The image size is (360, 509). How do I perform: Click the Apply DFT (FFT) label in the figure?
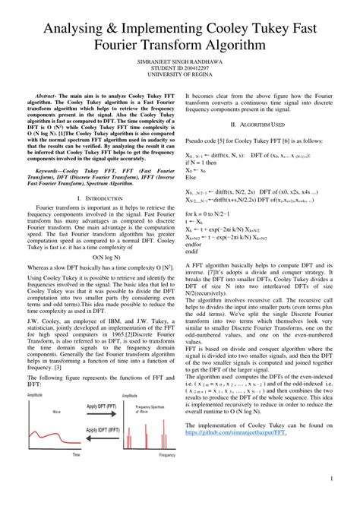click(101, 407)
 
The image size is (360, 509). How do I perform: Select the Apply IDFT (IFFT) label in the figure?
click(101, 429)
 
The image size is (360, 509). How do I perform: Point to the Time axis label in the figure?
click(76, 454)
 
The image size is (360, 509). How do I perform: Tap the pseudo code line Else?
click(191, 182)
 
